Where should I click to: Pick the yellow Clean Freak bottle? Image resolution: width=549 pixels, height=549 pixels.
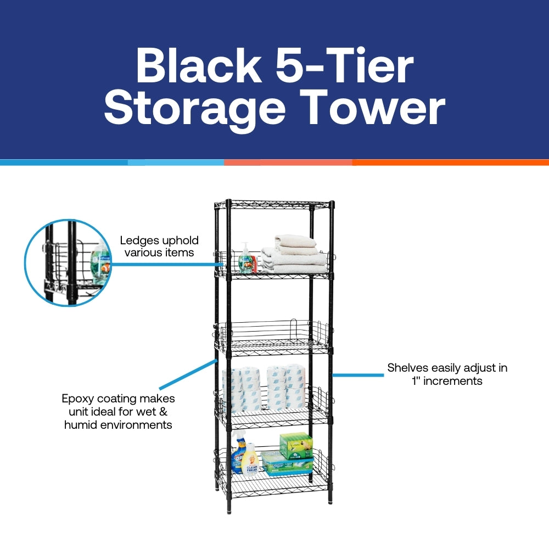[x=250, y=460]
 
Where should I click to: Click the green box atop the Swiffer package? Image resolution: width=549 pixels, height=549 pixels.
[x=296, y=445]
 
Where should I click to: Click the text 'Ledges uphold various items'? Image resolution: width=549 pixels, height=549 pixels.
[x=159, y=247]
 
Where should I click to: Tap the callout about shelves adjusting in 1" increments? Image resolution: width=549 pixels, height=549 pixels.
[x=447, y=374]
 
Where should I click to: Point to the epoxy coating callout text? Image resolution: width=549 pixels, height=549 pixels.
[x=118, y=412]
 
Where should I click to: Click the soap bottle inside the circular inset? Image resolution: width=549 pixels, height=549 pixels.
[x=100, y=262]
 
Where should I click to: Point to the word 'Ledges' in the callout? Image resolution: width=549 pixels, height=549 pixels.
[x=140, y=240]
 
